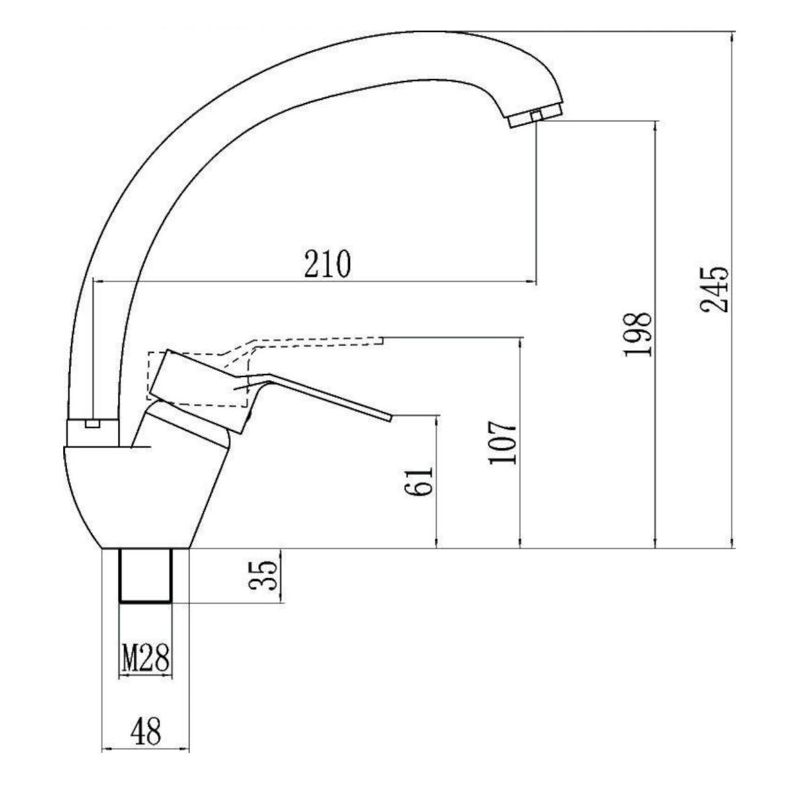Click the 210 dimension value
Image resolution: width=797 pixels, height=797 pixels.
tap(327, 264)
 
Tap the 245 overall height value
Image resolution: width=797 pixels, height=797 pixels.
tap(714, 289)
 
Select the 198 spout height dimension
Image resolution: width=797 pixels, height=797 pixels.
tap(638, 334)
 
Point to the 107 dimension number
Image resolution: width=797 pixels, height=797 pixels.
tap(503, 443)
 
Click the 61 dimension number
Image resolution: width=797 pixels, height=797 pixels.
tap(419, 481)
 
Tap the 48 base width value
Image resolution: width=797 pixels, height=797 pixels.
tap(145, 731)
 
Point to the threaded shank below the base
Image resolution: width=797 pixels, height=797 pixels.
tap(145, 575)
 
